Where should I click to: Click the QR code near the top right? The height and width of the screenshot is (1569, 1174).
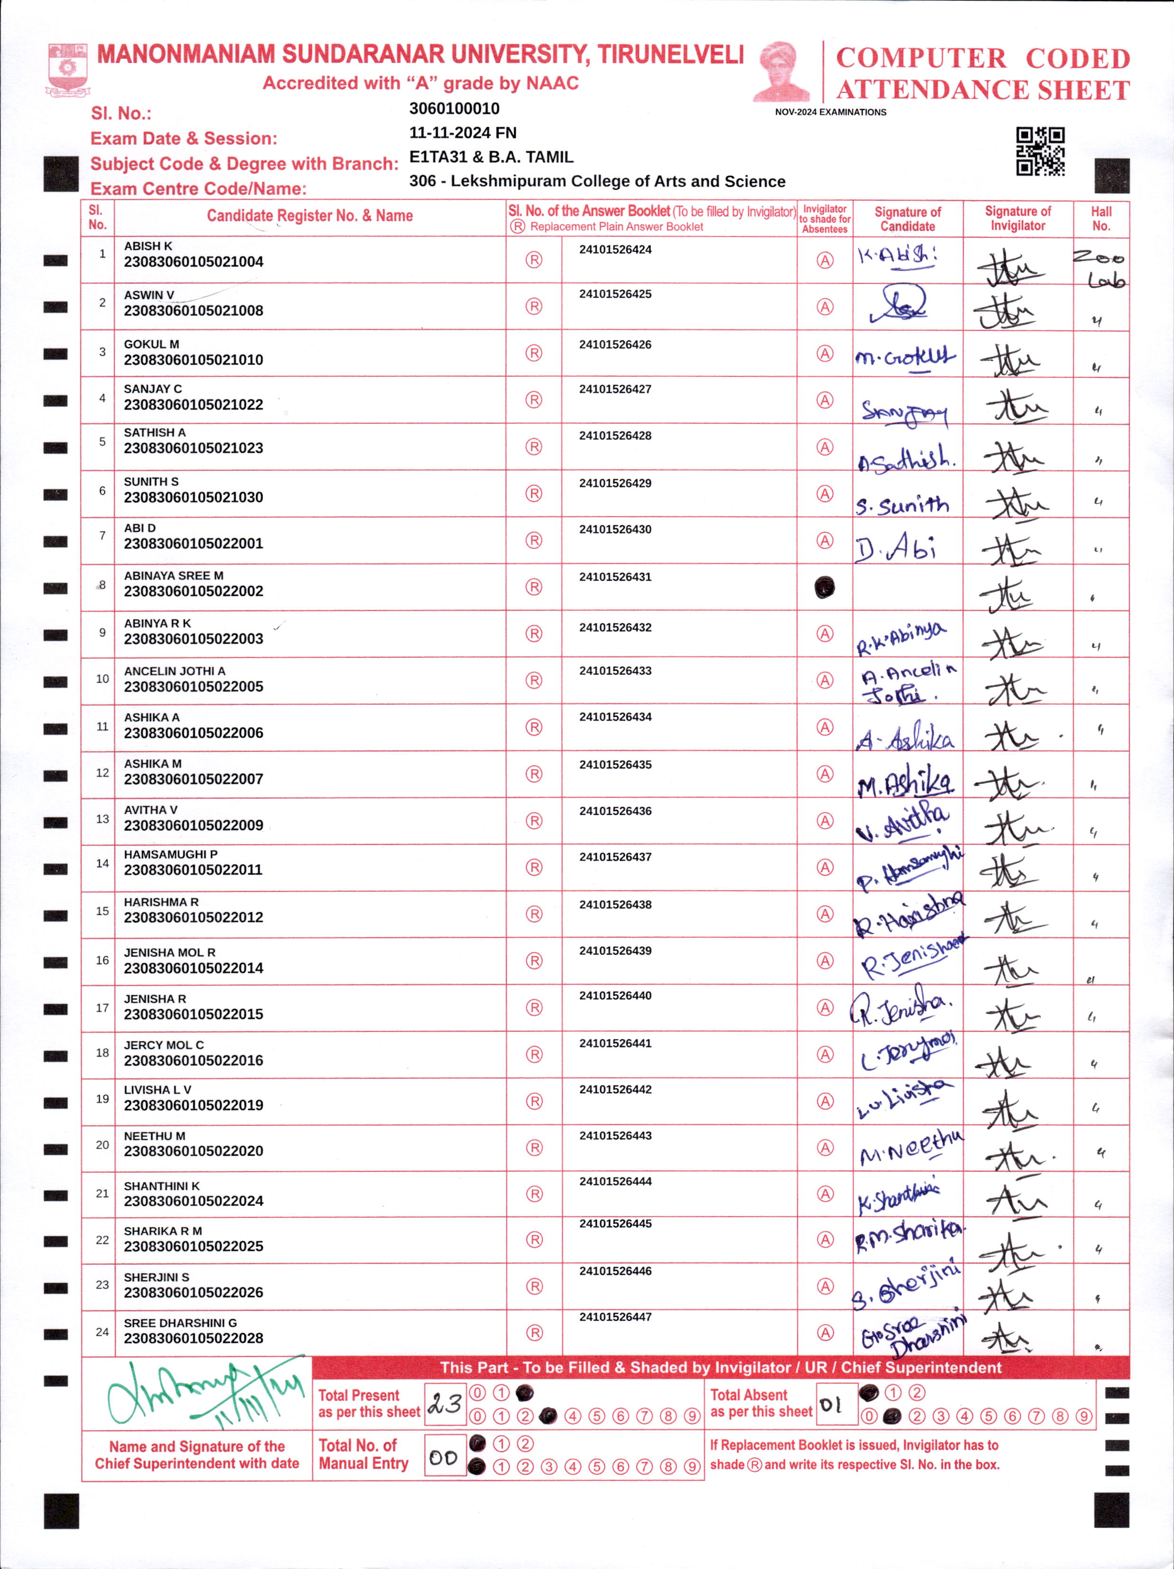click(1040, 151)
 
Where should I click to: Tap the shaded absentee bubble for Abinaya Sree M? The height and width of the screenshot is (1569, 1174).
click(824, 587)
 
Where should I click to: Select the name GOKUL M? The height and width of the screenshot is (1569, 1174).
click(151, 344)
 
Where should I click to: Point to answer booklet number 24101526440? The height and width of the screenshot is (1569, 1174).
click(615, 996)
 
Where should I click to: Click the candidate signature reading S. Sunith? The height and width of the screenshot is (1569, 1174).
click(902, 505)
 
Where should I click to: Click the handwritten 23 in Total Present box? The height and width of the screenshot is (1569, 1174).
click(445, 1404)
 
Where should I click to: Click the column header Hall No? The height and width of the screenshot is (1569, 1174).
click(1101, 219)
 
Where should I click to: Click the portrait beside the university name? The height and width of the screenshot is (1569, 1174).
click(781, 71)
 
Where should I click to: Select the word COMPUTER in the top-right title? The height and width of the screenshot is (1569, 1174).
click(921, 58)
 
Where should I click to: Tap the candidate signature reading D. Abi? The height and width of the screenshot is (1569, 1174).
click(895, 547)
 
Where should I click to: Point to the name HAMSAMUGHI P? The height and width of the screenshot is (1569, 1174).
click(170, 855)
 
